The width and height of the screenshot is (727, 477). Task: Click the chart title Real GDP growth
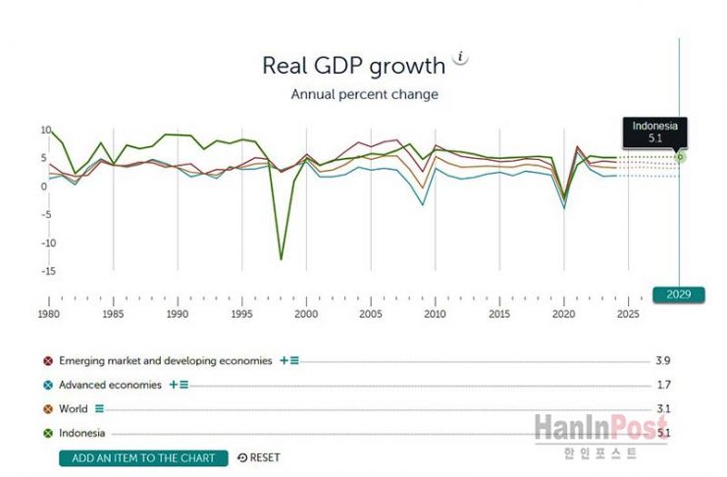click(x=353, y=66)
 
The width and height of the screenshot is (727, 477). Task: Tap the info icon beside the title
click(x=461, y=58)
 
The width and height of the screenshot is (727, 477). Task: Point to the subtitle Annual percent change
click(x=364, y=95)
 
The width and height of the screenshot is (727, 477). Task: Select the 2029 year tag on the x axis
click(x=678, y=293)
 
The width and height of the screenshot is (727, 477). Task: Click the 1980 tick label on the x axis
click(x=48, y=314)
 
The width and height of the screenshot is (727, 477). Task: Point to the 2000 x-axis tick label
click(x=306, y=314)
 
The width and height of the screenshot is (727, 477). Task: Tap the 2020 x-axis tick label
click(x=564, y=314)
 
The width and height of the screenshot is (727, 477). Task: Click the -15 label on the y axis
click(x=46, y=271)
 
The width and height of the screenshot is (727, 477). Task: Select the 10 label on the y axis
click(x=46, y=131)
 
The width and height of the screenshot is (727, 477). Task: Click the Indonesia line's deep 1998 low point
click(x=281, y=259)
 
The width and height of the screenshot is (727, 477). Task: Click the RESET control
click(x=259, y=457)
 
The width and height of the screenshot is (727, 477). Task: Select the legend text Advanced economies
click(x=110, y=385)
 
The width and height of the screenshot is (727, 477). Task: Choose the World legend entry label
click(x=74, y=408)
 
